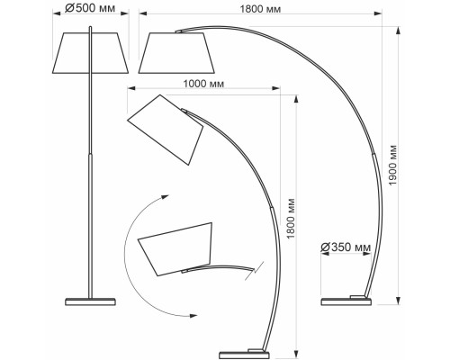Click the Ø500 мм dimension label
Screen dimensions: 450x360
(x=90, y=8)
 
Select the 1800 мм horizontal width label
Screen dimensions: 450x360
(x=260, y=9)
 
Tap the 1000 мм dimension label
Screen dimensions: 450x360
(x=203, y=84)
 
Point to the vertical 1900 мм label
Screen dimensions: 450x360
(x=392, y=166)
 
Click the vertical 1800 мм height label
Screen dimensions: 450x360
(x=291, y=219)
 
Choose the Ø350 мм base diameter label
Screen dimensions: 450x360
(x=346, y=247)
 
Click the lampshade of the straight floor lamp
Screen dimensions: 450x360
(x=90, y=53)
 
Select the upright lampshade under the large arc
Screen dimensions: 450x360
(x=176, y=53)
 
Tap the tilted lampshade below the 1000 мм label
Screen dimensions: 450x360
(x=166, y=130)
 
